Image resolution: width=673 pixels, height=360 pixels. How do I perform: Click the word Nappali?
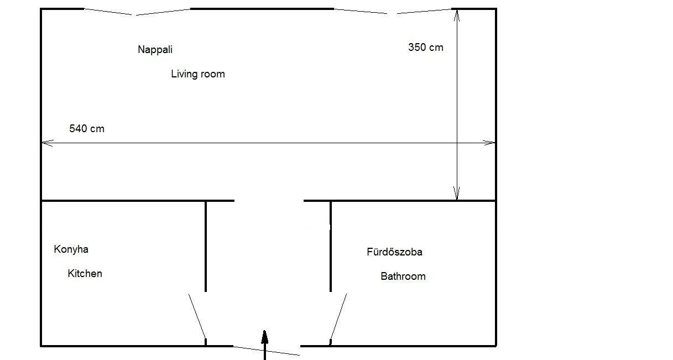155,50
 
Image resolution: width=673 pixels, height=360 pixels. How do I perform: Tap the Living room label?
198,74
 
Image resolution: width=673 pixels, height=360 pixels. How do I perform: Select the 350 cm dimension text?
426,47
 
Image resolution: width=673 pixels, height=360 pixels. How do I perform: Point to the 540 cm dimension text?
87,129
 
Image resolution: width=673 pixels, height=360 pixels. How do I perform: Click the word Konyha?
71,249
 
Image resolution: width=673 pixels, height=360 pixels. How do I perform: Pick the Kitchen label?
85,273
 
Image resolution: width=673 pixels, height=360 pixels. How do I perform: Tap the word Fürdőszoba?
394,252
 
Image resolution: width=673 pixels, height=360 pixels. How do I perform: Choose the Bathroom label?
403,276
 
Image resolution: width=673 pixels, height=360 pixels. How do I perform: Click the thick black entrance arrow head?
265,337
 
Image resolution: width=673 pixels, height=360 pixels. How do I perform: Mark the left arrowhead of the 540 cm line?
47,143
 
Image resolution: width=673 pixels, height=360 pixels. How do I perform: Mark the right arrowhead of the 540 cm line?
489,143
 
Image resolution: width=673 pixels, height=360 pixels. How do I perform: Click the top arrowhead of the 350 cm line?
457,15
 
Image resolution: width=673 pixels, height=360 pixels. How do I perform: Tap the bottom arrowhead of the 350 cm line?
457,193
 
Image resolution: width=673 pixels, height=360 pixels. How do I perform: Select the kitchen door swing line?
197,317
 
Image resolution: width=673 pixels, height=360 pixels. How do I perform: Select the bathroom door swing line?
338,317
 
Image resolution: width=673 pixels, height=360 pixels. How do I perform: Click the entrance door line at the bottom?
267,351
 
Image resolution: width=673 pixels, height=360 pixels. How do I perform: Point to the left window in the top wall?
137,12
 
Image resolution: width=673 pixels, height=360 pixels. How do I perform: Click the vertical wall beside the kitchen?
206,247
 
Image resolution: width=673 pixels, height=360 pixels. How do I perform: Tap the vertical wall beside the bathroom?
331,247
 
